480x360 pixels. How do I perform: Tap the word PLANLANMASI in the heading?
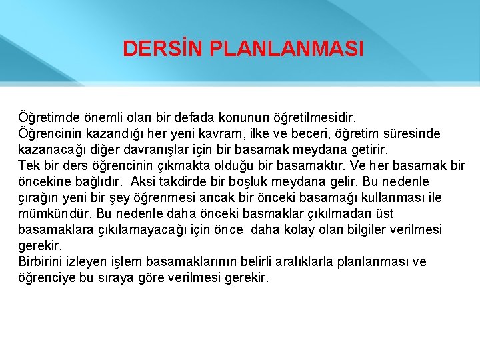286,49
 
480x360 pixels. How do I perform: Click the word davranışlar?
153,149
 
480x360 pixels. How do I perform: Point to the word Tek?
29,165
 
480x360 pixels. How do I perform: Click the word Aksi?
143,181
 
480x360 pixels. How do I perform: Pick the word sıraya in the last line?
136,277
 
